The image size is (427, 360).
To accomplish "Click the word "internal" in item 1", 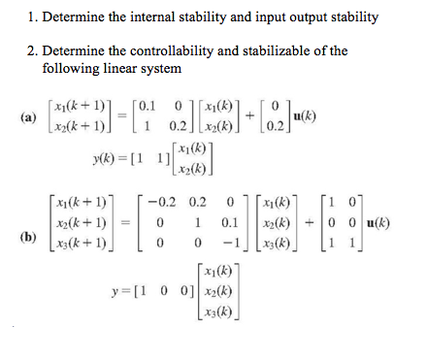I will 150,17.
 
